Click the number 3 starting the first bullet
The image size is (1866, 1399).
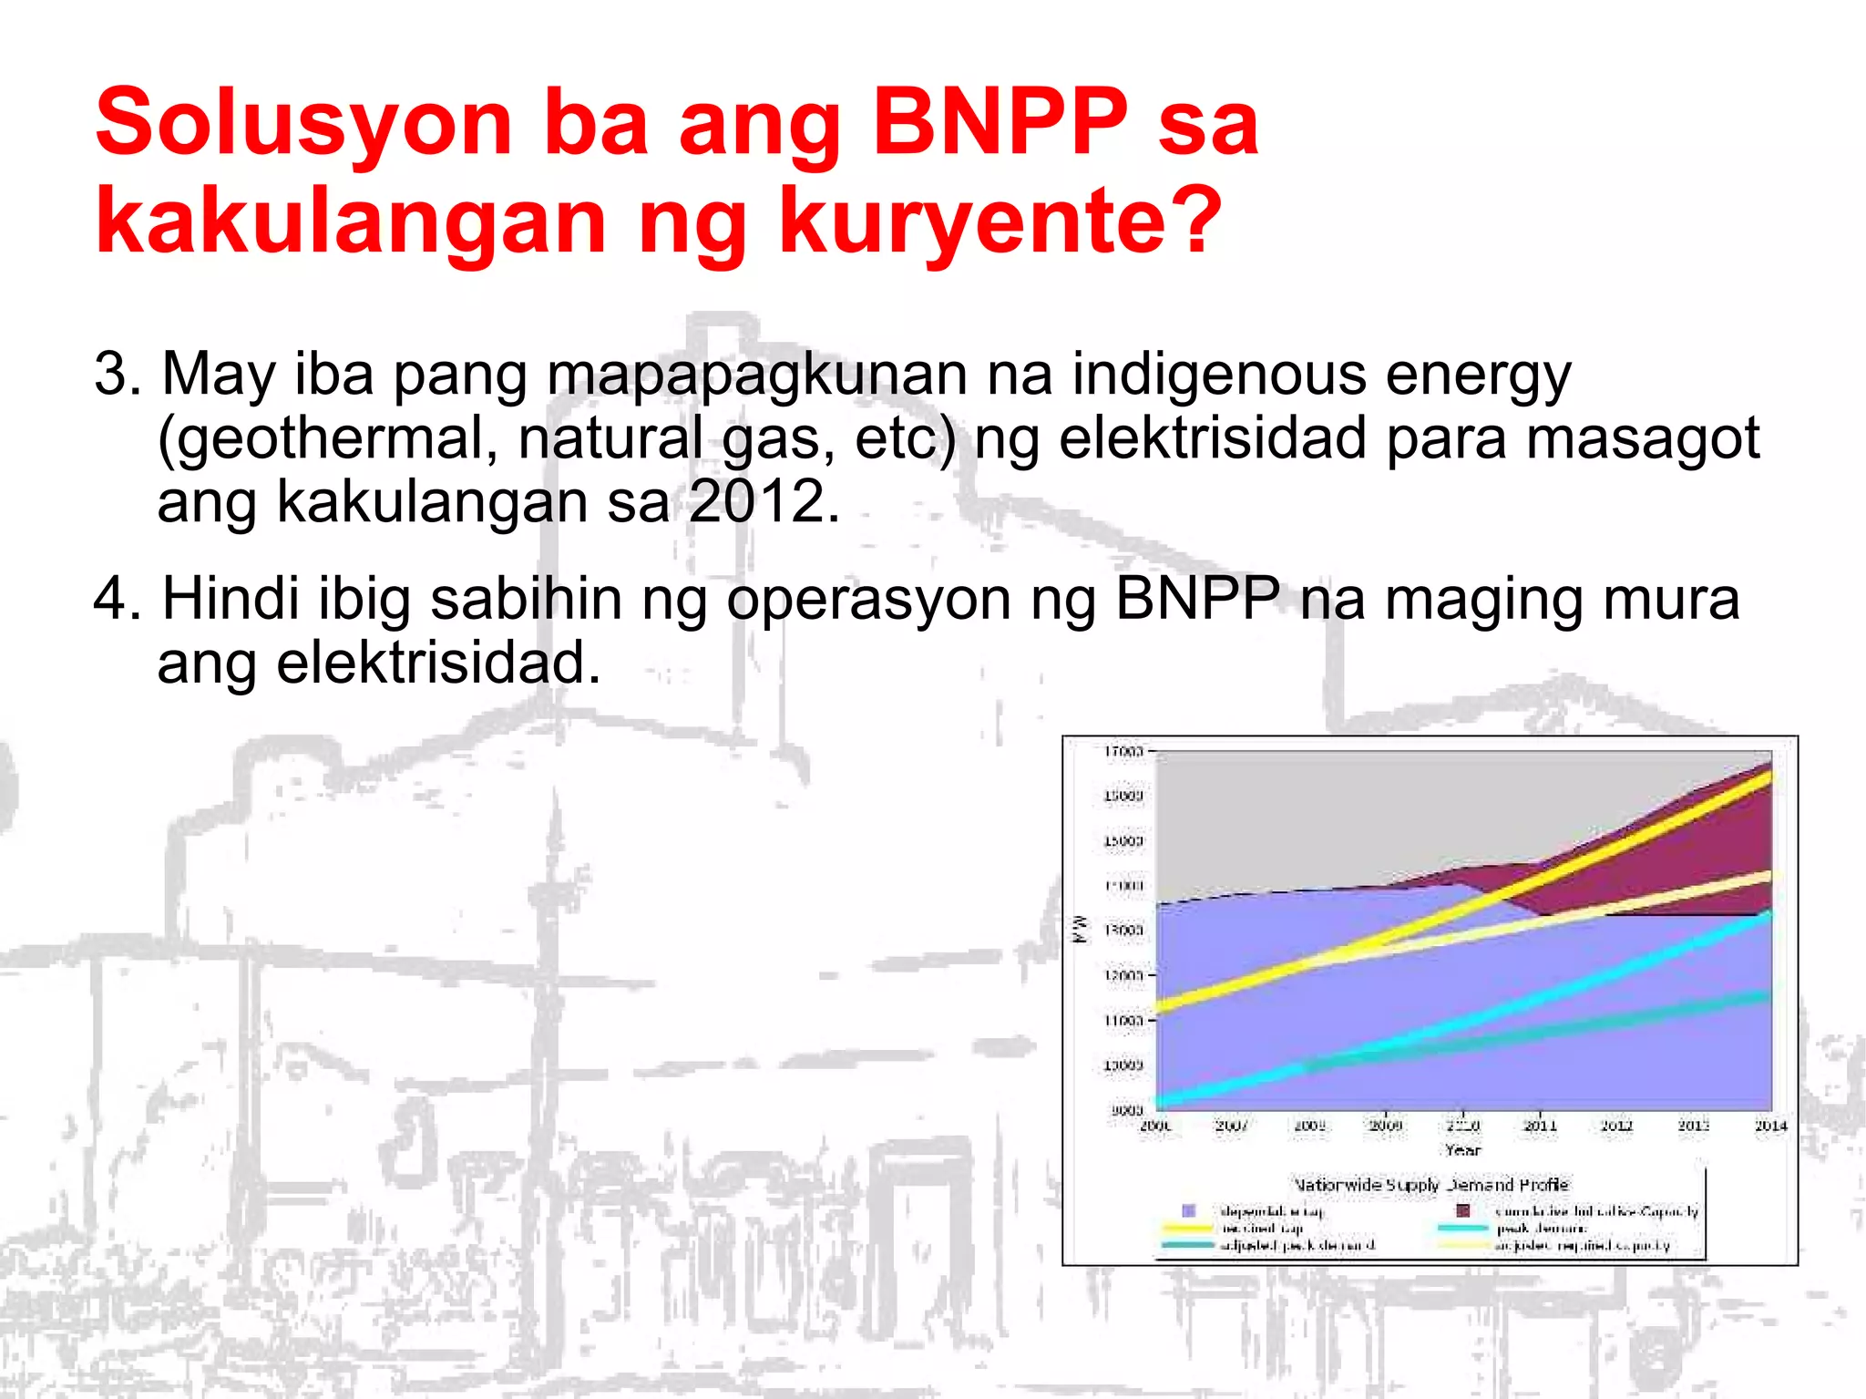coord(111,374)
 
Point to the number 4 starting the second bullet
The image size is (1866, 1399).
coord(111,599)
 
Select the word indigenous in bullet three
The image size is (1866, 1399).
coord(1218,374)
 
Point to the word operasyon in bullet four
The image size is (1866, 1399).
coord(868,599)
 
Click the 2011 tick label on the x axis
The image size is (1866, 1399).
coord(1540,1126)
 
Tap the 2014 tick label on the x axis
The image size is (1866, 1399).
coord(1770,1126)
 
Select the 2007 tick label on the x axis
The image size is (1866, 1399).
coord(1232,1126)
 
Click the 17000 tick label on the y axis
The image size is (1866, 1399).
coord(1123,752)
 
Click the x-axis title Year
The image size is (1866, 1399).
coord(1462,1150)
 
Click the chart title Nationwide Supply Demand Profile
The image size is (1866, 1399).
coord(1431,1185)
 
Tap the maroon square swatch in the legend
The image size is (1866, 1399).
coord(1463,1211)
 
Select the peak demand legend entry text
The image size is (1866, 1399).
coord(1541,1229)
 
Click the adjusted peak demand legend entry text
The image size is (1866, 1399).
coord(1297,1245)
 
